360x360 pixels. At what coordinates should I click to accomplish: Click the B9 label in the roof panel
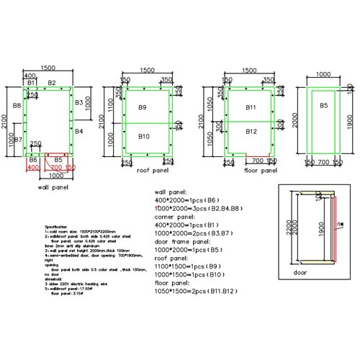coord(143,108)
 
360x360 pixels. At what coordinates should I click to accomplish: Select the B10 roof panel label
coord(143,136)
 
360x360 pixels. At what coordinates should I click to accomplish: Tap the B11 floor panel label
coord(251,107)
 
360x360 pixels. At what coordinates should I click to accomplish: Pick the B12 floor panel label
coord(251,132)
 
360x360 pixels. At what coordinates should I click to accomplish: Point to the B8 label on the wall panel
coord(16,106)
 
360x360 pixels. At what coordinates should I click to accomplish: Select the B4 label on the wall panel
coord(78,131)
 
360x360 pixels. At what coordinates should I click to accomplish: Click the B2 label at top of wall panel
coord(51,84)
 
